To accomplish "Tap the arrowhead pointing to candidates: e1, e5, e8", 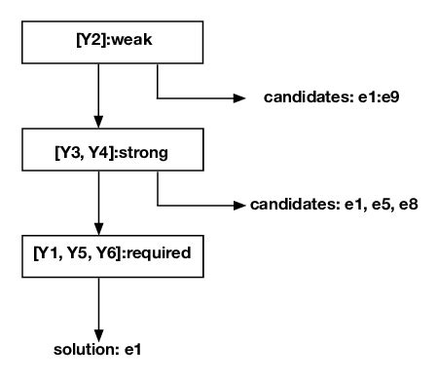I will coord(239,206).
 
